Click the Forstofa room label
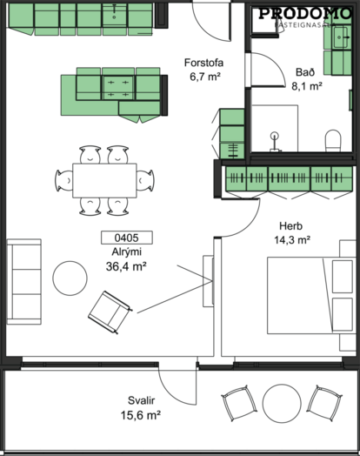[203, 63]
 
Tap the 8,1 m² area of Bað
[307, 86]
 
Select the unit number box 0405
[127, 238]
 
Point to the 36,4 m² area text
[126, 266]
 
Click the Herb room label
[290, 226]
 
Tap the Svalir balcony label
[141, 400]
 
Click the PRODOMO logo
[305, 14]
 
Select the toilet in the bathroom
[333, 140]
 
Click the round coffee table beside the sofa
[70, 278]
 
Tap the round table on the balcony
[282, 403]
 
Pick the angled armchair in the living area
[110, 312]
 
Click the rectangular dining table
[104, 181]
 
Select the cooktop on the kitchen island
[118, 87]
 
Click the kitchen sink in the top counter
[114, 14]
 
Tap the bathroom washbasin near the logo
[341, 37]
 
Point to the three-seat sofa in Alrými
[24, 281]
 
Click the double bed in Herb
[311, 296]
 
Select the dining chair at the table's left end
[64, 181]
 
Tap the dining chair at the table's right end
[145, 181]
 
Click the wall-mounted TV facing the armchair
[209, 281]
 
